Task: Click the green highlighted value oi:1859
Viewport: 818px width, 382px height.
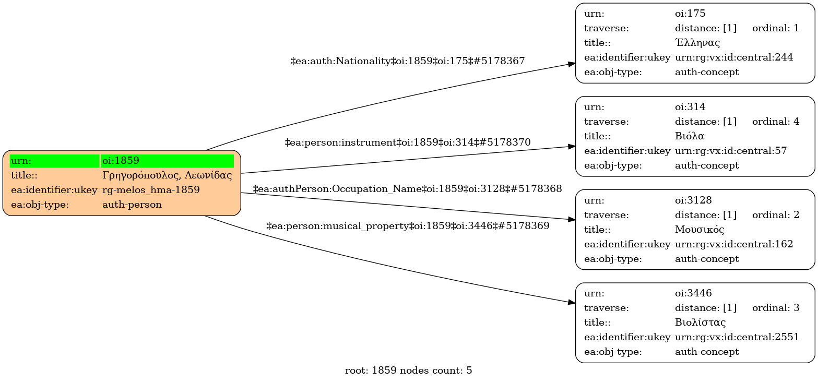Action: coord(121,161)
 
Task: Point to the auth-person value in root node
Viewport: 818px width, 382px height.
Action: coord(132,205)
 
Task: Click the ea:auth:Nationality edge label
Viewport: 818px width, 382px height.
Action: coord(407,61)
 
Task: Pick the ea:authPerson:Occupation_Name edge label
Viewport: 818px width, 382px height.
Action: coord(407,189)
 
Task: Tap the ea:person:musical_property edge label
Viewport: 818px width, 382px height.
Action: coord(407,226)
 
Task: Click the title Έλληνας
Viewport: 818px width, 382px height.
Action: coord(697,43)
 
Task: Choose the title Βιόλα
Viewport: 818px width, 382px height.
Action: coord(690,136)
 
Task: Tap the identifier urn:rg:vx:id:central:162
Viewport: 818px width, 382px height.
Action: coord(734,244)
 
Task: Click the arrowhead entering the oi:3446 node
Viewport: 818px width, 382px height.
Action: coord(572,302)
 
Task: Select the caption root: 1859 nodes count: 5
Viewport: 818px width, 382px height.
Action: coord(408,371)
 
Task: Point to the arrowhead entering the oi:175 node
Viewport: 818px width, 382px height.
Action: coord(572,64)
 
